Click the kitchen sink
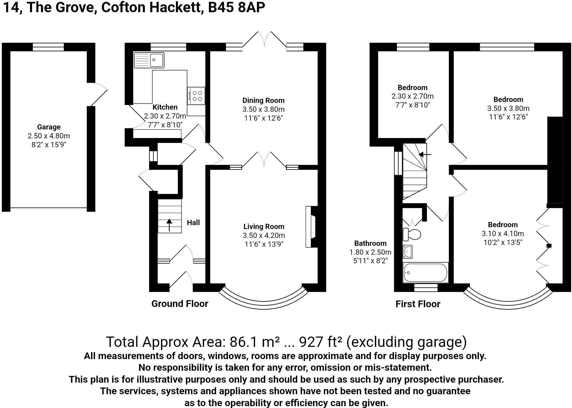(x=149, y=60)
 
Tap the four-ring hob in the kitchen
(x=196, y=96)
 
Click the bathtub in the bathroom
(x=425, y=272)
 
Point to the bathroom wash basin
(x=408, y=252)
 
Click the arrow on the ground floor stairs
(x=169, y=225)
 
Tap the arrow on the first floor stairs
(x=425, y=155)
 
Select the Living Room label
(x=264, y=227)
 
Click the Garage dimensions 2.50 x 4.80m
(x=49, y=136)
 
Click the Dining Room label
(x=263, y=100)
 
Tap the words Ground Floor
(x=180, y=304)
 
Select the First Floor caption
(x=418, y=304)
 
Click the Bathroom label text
(x=370, y=243)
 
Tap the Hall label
(x=193, y=223)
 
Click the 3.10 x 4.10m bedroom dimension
(x=503, y=234)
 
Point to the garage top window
(x=48, y=47)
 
